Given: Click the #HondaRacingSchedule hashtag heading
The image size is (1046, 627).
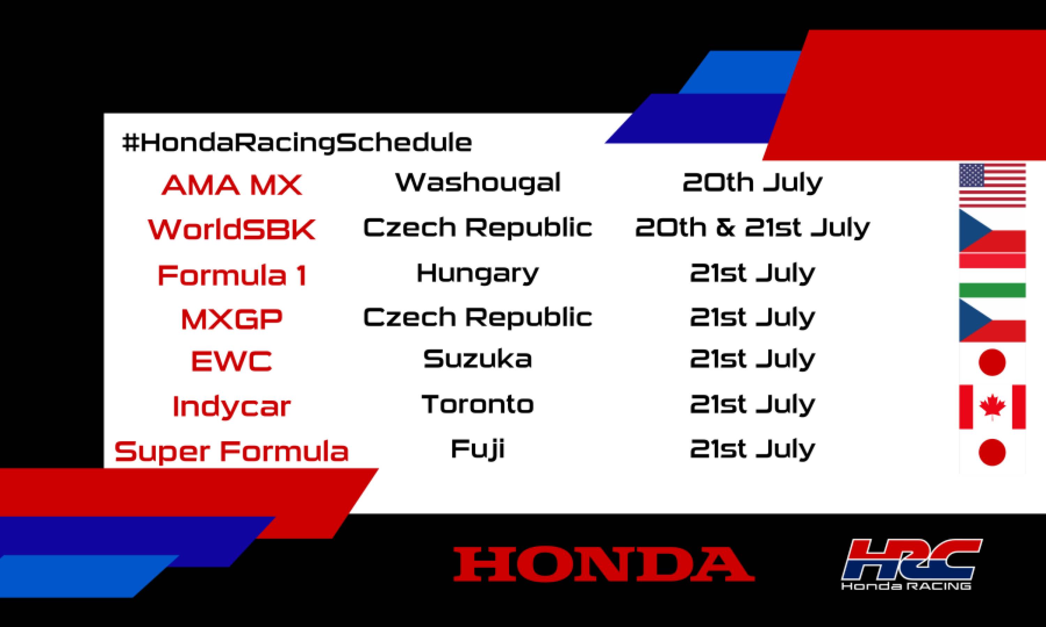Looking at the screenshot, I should [297, 143].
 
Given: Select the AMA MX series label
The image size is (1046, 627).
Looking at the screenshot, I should [232, 185].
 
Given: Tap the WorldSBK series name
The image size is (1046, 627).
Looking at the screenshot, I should [232, 230].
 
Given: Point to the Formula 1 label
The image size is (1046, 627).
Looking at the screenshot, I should [232, 275].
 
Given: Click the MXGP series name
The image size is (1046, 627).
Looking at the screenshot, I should [232, 319].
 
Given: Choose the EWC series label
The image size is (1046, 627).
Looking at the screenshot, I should [232, 362].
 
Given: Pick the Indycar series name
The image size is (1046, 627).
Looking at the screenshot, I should [232, 407].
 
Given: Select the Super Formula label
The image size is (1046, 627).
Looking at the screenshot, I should [232, 451].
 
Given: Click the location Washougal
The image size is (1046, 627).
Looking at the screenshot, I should [478, 183].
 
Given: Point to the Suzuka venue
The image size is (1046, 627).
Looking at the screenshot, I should [478, 359].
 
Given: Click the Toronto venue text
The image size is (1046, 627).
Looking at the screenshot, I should [478, 404].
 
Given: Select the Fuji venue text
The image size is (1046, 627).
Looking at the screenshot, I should [478, 449].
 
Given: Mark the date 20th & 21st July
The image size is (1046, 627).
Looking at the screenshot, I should [752, 228].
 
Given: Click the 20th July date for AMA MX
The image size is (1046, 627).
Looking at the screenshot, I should [752, 183].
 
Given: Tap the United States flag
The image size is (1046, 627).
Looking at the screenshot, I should [992, 185].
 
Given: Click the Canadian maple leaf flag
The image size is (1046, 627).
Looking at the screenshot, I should [992, 407].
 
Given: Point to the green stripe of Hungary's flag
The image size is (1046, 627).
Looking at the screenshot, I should [992, 290].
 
